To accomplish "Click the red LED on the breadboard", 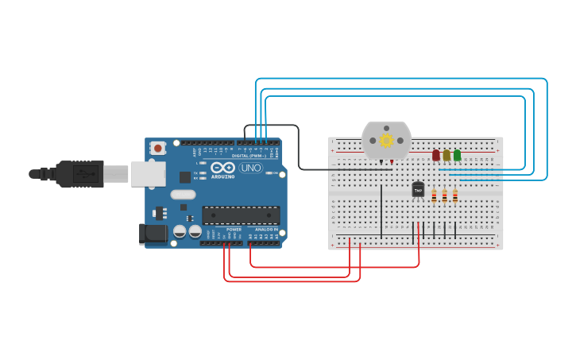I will coord(435,155).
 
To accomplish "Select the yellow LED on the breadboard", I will coord(446,155).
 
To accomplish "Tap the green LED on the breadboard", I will coord(457,155).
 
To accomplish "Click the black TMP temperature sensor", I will coord(418,189).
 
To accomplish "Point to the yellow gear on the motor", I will coord(386,141).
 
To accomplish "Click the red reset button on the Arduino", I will coord(158,148).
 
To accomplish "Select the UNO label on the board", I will coord(251,168).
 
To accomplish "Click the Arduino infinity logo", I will coord(223,168).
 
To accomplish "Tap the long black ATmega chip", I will coord(241,215).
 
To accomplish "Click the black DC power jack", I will coord(153,233).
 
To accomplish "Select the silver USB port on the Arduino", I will coord(148,173).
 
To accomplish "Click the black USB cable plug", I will coord(79,173).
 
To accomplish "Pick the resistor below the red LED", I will coord(435,196).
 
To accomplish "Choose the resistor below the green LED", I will coord(455,196).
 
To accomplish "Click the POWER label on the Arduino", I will coord(234,229).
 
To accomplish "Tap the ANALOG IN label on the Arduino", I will coord(266,229).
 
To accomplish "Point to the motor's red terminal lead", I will coord(392,162).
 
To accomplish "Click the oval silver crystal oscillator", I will coord(183,195).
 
